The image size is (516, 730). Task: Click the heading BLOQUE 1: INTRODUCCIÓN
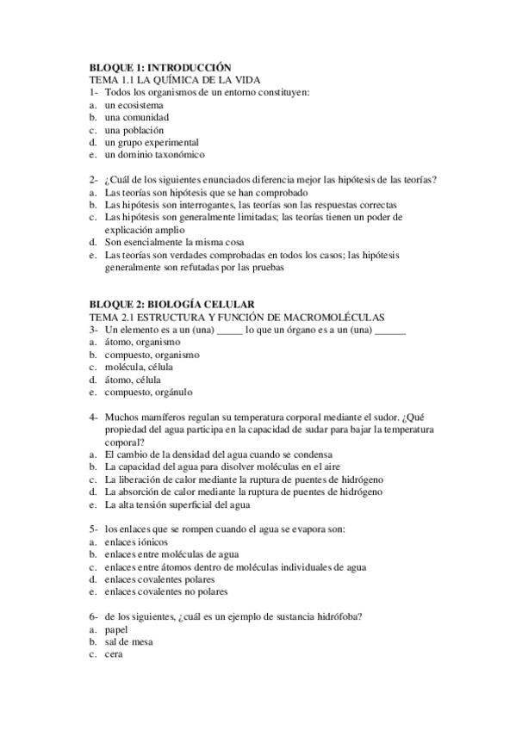click(161, 66)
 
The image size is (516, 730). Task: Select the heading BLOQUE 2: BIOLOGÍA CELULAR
click(172, 304)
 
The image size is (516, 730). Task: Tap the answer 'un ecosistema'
click(134, 104)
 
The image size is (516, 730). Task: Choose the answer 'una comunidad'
click(136, 117)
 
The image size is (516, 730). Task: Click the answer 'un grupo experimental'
click(152, 142)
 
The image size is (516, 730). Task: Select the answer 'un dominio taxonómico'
click(155, 155)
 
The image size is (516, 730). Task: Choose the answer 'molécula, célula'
click(139, 367)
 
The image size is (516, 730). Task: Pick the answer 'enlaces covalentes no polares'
click(166, 592)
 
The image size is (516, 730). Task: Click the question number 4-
click(93, 418)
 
